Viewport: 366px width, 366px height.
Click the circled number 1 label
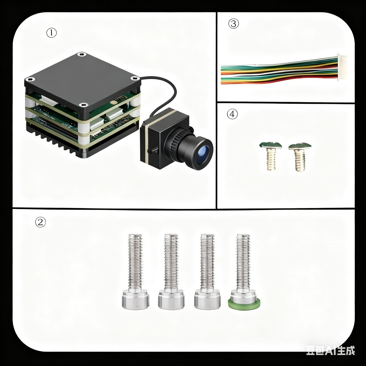[x=51, y=33]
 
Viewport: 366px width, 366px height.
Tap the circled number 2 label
[x=40, y=222]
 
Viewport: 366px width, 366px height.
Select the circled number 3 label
[x=234, y=24]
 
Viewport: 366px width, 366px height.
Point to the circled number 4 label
[x=232, y=114]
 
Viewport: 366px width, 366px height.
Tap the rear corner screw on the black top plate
[x=81, y=54]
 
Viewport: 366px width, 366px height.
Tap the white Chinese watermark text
[x=330, y=351]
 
